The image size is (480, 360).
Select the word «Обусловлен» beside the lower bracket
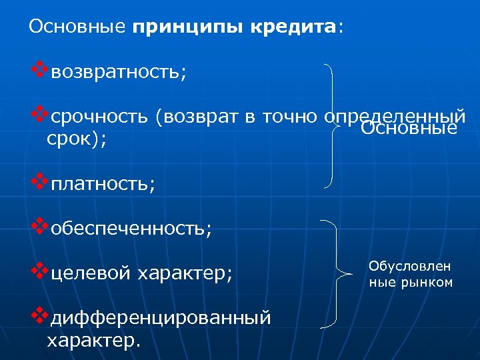tap(410, 267)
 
